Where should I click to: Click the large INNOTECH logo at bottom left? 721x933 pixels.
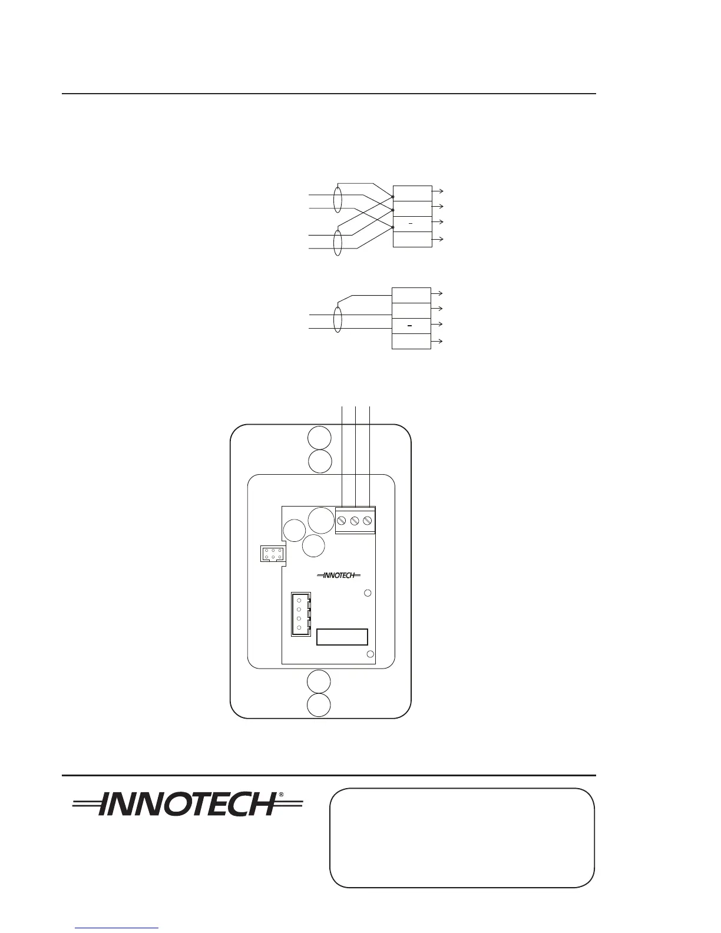click(187, 804)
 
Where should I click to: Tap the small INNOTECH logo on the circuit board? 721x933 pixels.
click(339, 575)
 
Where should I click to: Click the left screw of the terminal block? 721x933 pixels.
click(342, 521)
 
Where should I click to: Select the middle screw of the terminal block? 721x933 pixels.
click(355, 521)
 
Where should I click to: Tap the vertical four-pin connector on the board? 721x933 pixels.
click(300, 614)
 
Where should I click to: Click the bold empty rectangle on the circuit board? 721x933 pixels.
click(342, 637)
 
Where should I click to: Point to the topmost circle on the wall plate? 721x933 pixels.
click(319, 438)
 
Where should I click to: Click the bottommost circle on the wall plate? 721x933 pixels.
click(319, 705)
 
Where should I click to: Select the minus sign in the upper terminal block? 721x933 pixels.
click(412, 224)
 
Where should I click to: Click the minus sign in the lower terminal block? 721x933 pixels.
click(412, 326)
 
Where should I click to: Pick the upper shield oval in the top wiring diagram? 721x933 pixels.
click(338, 200)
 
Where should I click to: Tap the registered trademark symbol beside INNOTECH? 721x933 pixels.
click(281, 795)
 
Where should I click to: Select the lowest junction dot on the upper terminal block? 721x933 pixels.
click(392, 227)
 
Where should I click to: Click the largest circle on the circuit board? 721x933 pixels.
click(321, 521)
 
